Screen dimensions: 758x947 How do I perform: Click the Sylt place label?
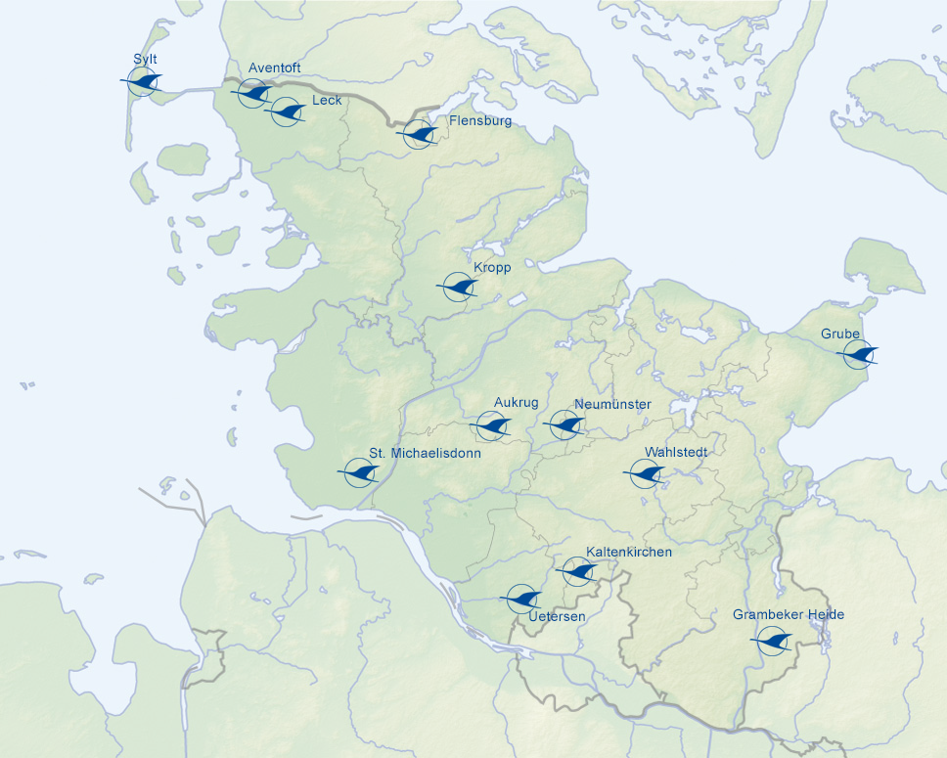tap(146, 60)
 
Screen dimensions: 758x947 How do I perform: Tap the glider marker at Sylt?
tap(143, 81)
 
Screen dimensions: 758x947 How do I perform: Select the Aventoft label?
tap(275, 67)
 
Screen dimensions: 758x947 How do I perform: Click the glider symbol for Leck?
tap(285, 111)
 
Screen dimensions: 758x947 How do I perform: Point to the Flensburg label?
tap(479, 121)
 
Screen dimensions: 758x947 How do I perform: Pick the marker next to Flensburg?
tap(420, 135)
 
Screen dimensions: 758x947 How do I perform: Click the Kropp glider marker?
tap(457, 287)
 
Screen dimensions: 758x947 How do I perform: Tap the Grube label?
tap(840, 334)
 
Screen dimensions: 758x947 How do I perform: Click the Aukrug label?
tap(517, 402)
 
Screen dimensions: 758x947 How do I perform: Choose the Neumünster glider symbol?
tap(564, 424)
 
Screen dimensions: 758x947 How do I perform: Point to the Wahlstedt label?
tap(676, 452)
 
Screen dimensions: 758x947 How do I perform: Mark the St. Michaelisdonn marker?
tap(360, 473)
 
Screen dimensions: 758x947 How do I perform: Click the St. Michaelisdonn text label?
tap(425, 454)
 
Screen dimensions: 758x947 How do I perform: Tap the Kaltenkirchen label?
tap(629, 553)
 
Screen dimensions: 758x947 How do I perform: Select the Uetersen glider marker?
tap(521, 598)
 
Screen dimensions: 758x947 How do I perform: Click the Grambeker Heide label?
tap(789, 615)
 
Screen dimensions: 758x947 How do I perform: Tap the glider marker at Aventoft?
tap(253, 94)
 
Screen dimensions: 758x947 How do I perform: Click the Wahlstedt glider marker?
tap(645, 474)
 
